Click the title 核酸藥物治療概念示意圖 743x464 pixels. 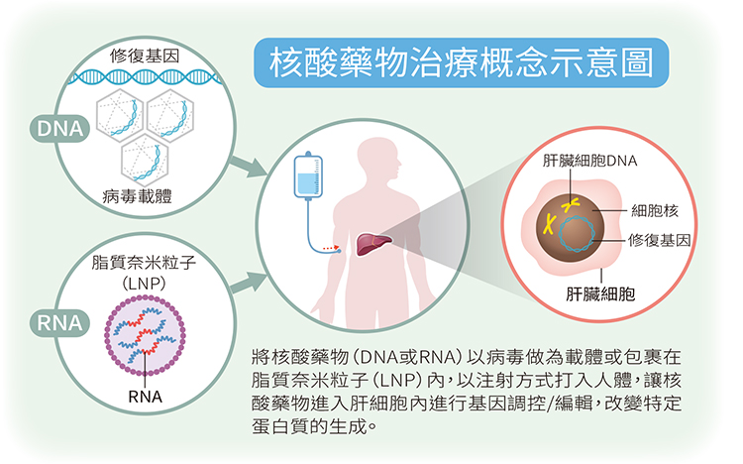(461, 63)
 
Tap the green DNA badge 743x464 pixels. (59, 129)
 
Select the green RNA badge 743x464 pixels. (59, 323)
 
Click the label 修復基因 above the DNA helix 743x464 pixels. (145, 56)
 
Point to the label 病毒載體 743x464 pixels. (137, 195)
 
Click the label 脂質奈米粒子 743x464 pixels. (144, 262)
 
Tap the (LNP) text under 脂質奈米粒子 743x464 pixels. (144, 284)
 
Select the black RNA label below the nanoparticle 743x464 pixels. (145, 397)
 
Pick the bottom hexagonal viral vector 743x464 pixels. (145, 161)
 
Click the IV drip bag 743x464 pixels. (308, 174)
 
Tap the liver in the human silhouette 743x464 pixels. (373, 243)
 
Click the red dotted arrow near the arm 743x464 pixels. (331, 248)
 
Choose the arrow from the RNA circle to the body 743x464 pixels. (249, 283)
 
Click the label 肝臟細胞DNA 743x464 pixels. (590, 161)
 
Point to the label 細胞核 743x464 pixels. (655, 210)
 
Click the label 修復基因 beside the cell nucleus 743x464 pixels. (659, 240)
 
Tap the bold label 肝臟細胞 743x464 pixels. (600, 293)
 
